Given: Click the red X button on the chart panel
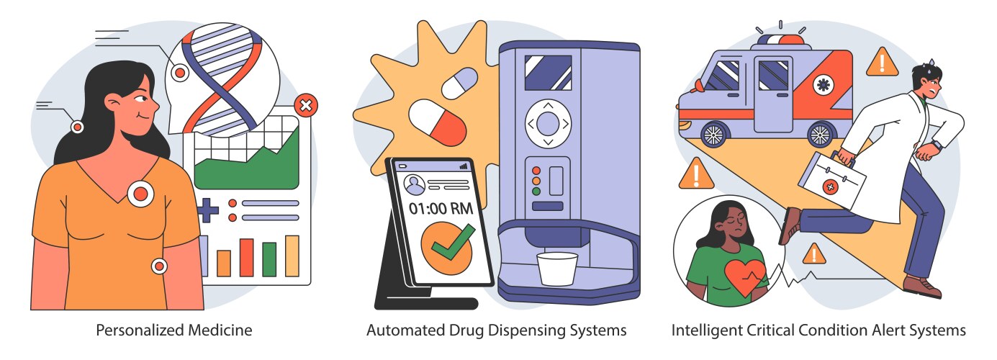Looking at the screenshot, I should (x=307, y=107).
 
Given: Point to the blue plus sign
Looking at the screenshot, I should (x=207, y=211).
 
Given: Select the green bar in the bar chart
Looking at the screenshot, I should (x=269, y=259).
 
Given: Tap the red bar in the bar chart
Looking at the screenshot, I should (x=246, y=257).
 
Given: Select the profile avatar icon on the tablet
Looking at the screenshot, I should (x=414, y=185).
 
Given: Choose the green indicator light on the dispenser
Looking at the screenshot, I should (x=536, y=192).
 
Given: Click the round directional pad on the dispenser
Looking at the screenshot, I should (x=548, y=123).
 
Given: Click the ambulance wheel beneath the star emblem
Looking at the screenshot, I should (x=820, y=134).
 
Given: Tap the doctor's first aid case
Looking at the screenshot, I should (x=831, y=181).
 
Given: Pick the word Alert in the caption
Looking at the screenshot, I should (x=880, y=330).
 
